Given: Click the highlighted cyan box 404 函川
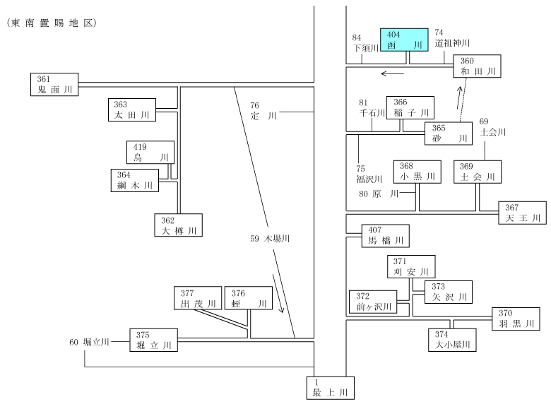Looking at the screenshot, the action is click(404, 40).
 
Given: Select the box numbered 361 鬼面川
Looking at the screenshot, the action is click(54, 84).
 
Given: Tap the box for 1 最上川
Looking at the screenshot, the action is click(331, 388).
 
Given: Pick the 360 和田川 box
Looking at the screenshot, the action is click(477, 66).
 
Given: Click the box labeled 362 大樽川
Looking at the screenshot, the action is click(179, 225).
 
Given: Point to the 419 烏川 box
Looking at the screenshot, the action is click(150, 152).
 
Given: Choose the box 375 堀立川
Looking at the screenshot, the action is click(153, 340).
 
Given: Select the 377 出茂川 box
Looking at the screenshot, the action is click(198, 298).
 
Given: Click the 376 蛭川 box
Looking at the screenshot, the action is click(249, 298).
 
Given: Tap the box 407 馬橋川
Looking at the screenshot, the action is click(386, 236).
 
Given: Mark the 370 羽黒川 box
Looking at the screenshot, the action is click(516, 319).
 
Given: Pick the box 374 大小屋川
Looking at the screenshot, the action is click(452, 340).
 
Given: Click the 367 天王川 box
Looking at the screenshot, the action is click(523, 213).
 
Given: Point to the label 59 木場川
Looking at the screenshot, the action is click(270, 239).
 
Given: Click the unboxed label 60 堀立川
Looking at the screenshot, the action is click(89, 342).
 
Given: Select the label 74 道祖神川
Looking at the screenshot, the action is click(452, 38).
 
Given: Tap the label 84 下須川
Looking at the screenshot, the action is click(365, 43).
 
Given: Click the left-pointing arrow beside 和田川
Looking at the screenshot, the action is click(393, 73).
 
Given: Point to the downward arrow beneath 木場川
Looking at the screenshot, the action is click(278, 294).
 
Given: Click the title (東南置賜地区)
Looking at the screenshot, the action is click(52, 23).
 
